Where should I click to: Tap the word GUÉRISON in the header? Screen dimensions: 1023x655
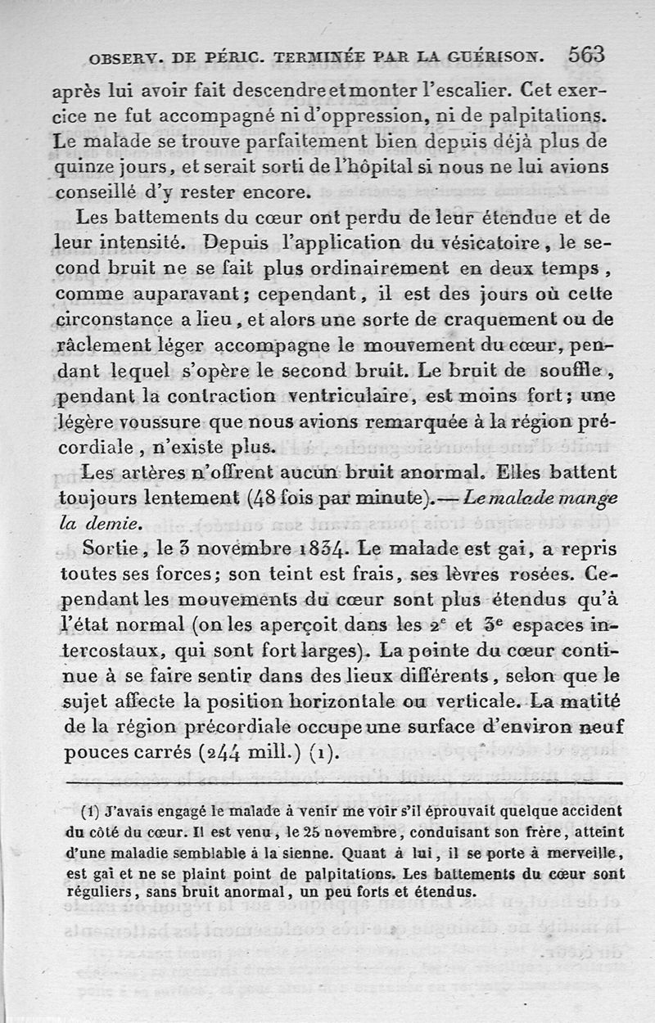[x=499, y=57]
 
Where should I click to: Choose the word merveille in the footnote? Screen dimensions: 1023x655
[x=591, y=852]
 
